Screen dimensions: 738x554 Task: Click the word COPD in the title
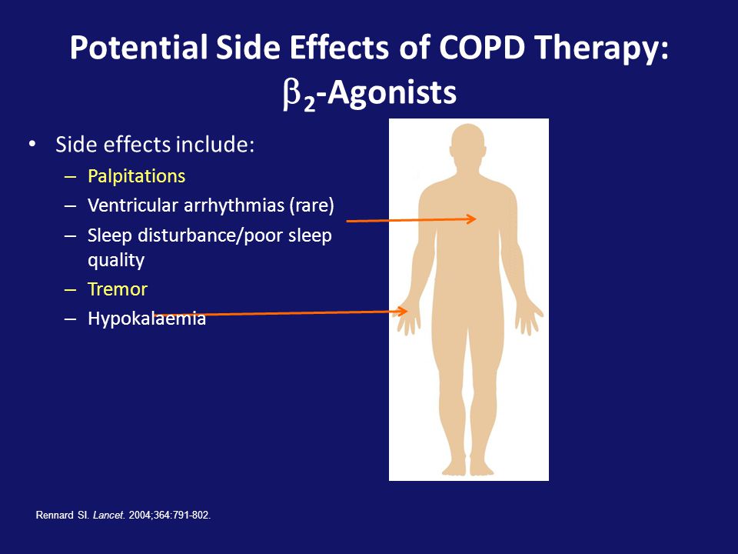coord(481,47)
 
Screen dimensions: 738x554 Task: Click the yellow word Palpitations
coord(137,177)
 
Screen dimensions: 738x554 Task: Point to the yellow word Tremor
coord(118,289)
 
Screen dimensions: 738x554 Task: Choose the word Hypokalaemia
coord(147,319)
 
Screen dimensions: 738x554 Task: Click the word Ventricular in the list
coord(133,205)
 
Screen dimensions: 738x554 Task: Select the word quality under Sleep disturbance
coord(116,261)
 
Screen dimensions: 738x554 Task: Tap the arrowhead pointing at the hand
coord(401,311)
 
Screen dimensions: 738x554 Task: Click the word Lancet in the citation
coord(108,516)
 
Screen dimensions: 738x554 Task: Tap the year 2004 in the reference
coord(138,516)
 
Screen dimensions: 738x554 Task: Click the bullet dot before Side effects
coord(32,144)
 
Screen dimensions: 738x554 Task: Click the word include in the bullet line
coord(214,144)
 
